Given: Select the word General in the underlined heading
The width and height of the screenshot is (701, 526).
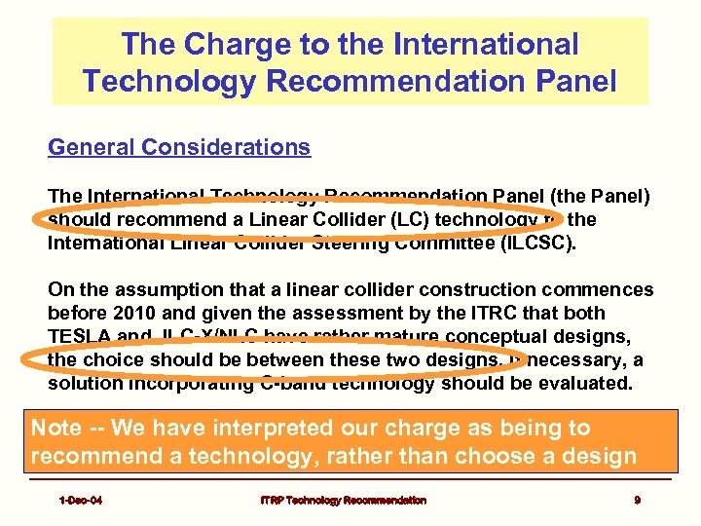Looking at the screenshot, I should (x=92, y=147).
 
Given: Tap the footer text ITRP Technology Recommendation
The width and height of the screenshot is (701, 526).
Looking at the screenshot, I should (x=342, y=500).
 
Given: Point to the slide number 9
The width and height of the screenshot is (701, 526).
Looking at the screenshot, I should (x=637, y=500).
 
